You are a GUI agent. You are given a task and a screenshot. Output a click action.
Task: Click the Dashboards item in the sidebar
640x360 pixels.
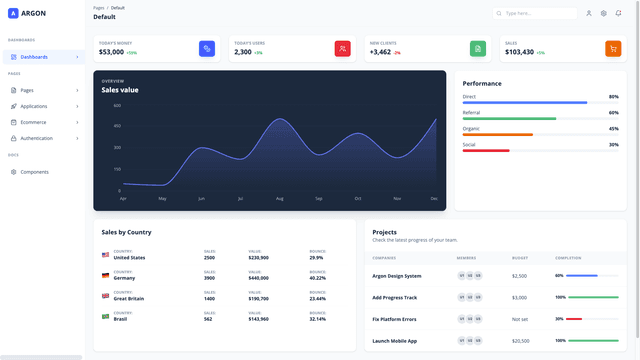pos(34,57)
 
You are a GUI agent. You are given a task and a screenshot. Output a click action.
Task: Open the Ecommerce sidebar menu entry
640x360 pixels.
pos(34,121)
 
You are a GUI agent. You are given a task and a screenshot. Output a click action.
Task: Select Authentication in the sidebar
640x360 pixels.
pos(37,138)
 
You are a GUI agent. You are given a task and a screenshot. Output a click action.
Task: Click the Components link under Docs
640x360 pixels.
pos(35,172)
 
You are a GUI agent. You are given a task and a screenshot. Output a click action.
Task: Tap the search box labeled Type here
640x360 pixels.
pos(540,14)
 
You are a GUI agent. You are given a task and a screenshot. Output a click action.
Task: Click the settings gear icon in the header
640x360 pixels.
pos(604,14)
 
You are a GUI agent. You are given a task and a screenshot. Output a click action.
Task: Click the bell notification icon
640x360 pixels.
pos(618,14)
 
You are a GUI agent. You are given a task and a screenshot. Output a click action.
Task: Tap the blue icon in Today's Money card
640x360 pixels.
pos(207,48)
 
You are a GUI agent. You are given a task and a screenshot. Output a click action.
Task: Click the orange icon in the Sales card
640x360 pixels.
pos(613,48)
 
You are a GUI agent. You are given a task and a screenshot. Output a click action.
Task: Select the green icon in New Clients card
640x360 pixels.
pos(478,48)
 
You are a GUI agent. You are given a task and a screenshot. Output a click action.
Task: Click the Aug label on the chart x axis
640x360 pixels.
pos(280,198)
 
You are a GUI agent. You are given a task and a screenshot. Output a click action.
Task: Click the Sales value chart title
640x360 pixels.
pos(121,90)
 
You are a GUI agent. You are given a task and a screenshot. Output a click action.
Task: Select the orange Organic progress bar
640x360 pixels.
pos(497,134)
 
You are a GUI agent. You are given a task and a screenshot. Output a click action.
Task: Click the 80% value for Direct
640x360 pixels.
pos(613,97)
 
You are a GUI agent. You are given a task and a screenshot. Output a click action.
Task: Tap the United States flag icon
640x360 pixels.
pos(105,255)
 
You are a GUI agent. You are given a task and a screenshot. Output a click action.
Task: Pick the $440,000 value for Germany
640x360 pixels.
pos(258,278)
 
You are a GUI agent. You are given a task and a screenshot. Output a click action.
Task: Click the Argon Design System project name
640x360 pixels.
pos(397,275)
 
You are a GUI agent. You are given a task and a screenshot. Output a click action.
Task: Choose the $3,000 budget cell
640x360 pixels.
pos(519,297)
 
